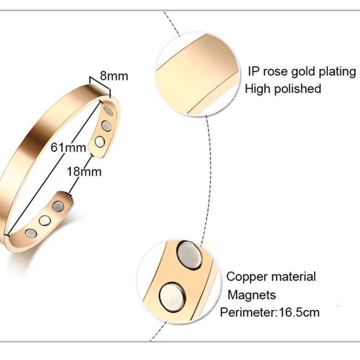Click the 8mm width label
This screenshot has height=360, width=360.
click(x=114, y=75)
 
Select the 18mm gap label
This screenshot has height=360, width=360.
click(x=84, y=172)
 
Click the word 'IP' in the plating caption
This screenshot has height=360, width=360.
click(x=254, y=72)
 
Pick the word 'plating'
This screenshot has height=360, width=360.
click(x=336, y=72)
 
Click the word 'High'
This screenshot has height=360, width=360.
click(x=258, y=88)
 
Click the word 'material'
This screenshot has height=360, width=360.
click(x=294, y=277)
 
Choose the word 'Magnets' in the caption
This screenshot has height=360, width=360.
click(x=252, y=295)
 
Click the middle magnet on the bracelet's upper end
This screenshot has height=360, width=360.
click(x=106, y=126)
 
